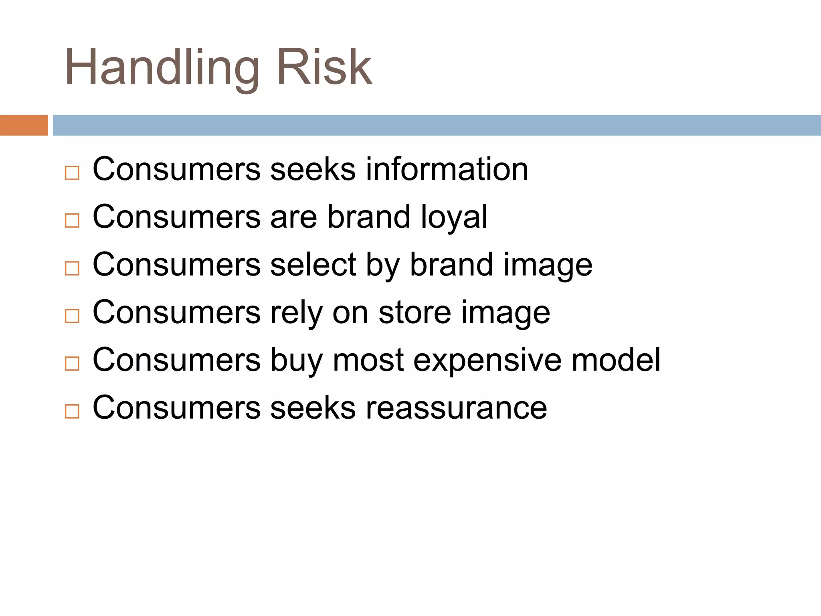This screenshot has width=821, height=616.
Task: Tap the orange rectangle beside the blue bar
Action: click(x=24, y=125)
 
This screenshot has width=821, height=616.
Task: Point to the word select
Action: click(x=313, y=265)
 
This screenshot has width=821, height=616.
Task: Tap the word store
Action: click(x=415, y=312)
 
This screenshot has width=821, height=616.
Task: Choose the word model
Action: click(x=616, y=360)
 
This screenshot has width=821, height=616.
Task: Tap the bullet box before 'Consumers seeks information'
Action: click(x=72, y=173)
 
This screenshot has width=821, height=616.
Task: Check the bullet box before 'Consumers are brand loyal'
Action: click(x=72, y=221)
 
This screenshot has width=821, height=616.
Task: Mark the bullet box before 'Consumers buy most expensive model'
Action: click(x=72, y=363)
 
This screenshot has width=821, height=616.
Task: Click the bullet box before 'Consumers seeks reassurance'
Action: click(x=72, y=411)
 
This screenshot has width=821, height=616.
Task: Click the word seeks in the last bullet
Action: click(x=313, y=408)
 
